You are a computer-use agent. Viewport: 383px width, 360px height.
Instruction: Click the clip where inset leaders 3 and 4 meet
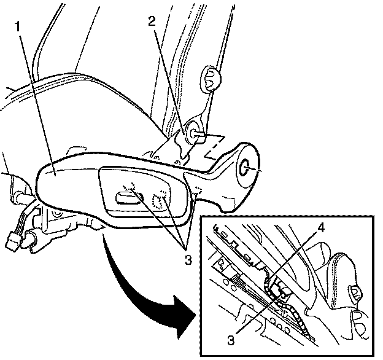click(277, 287)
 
